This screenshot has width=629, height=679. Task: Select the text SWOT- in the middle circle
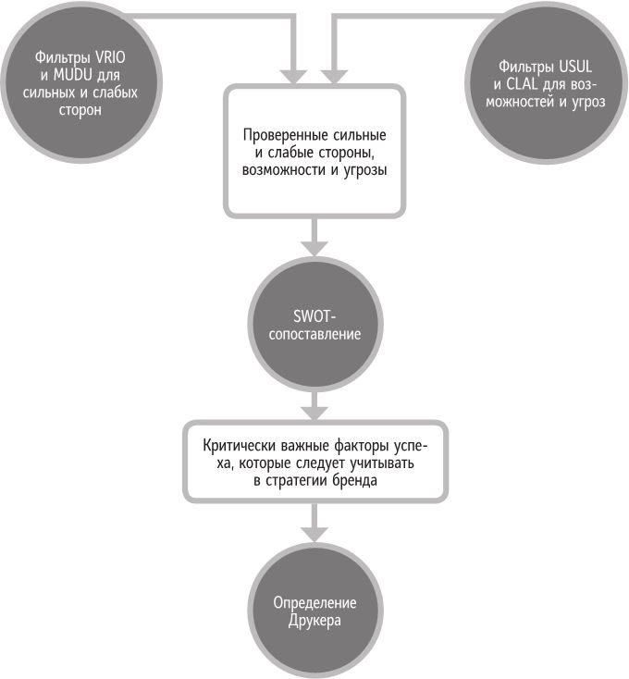314,315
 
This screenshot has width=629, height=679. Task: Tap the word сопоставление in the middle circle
314,332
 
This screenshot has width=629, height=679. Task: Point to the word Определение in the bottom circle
314,604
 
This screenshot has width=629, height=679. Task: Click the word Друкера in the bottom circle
314,621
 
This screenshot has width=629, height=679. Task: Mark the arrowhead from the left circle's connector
298,72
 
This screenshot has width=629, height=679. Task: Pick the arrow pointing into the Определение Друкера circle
314,532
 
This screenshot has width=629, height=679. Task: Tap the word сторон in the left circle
81,109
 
